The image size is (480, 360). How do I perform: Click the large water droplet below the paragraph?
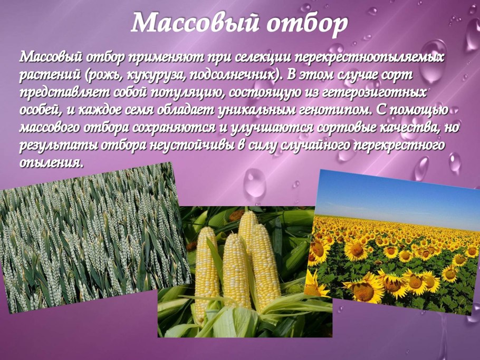pos(255,182)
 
